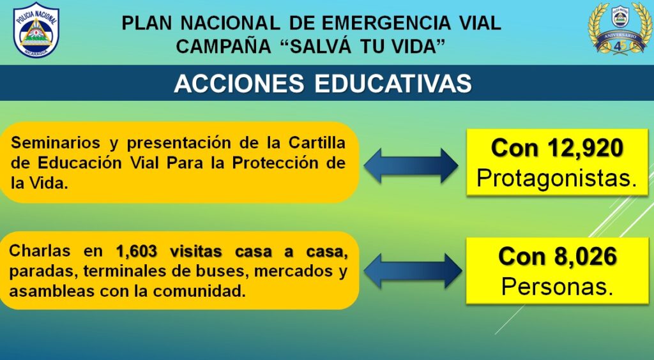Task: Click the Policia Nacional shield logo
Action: coord(36,30)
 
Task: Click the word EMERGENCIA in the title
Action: coord(386,23)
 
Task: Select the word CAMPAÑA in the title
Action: coord(224,46)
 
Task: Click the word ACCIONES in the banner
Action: coord(239,84)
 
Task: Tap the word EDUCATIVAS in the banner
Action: coord(393,84)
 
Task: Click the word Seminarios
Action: coord(56,143)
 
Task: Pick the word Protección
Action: coord(280,163)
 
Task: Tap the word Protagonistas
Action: coord(557,179)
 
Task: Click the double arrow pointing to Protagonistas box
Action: coord(411,166)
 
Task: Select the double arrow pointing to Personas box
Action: coord(413,271)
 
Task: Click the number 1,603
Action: coord(137,251)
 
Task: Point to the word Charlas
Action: coord(40,251)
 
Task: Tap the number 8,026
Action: coord(586,256)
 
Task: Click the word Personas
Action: coord(557,287)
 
